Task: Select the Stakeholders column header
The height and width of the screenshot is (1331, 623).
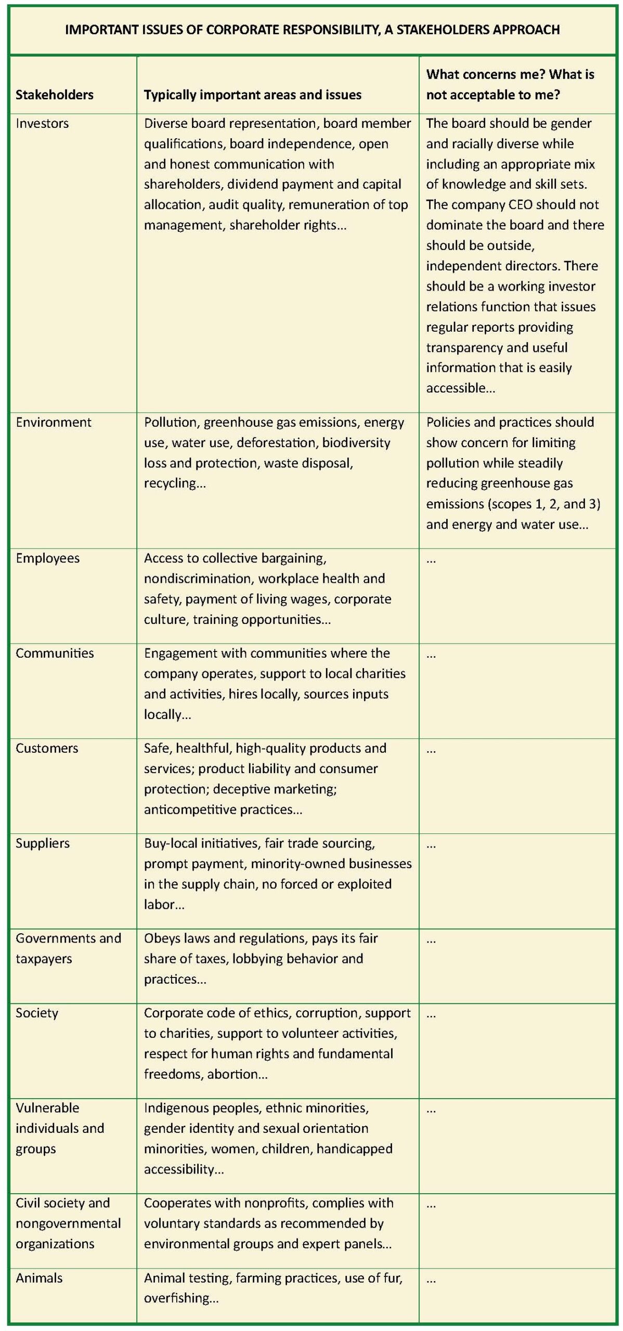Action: point(55,95)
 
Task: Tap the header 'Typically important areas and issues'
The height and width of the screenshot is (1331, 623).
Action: point(252,95)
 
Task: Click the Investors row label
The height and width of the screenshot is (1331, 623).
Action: point(42,123)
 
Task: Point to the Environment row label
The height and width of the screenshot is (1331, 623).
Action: point(53,422)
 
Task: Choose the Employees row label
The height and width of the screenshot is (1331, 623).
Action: point(47,558)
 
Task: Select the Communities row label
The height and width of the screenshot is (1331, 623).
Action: point(55,653)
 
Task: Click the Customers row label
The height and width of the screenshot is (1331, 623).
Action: point(47,748)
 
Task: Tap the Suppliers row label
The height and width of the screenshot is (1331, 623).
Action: point(43,843)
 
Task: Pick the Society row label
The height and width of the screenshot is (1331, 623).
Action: point(37,1013)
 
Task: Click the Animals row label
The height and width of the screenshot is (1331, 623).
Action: point(39,1278)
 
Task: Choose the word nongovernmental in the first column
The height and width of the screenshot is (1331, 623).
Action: point(68,1223)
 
